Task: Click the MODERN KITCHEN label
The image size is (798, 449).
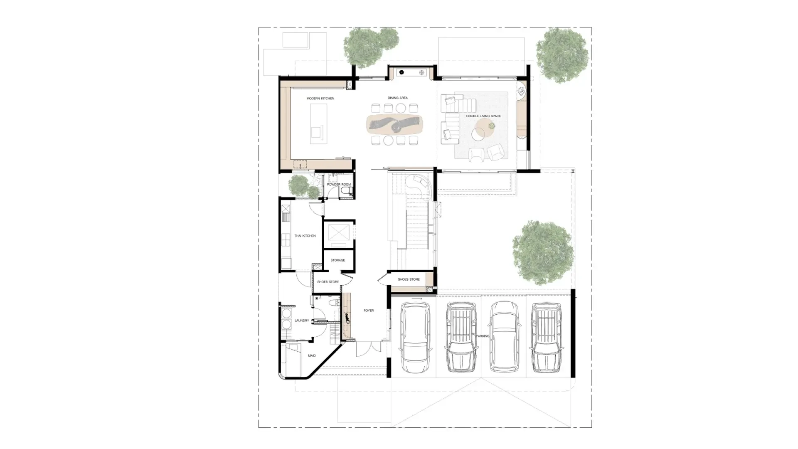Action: coord(320,99)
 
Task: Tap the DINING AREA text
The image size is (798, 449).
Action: coord(397,98)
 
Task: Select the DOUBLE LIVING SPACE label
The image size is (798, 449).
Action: coord(483,116)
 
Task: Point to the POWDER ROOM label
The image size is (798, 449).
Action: coord(339,184)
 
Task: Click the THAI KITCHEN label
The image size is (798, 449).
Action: coord(305,236)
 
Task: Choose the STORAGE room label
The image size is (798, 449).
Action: coord(337,260)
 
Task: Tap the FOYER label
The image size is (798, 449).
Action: coord(369,311)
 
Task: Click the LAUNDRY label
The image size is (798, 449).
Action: coord(302,321)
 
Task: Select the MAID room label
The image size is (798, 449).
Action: coord(312,355)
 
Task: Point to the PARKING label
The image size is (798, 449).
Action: coord(483,336)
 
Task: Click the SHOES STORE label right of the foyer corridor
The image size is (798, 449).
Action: coord(409,279)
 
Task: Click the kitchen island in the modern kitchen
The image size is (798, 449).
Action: coord(318,124)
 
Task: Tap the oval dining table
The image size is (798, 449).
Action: coord(394,124)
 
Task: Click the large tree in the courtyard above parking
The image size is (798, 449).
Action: coord(543,252)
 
